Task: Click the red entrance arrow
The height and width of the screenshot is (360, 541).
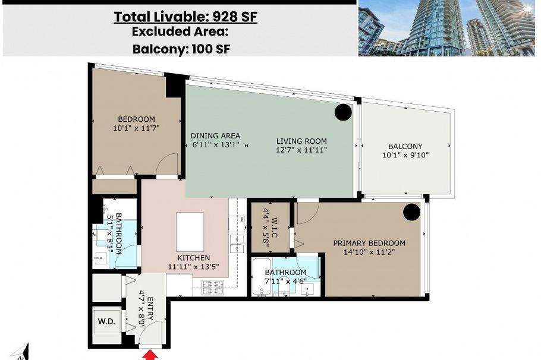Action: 150,355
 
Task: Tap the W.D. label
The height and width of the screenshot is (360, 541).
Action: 106,321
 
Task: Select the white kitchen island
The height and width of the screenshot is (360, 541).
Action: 190,232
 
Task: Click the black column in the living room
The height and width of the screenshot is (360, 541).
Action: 343,112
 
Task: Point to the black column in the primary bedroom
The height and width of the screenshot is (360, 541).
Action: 411,211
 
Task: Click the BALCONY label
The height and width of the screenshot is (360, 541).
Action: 405,146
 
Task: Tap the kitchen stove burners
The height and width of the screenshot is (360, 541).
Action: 213,288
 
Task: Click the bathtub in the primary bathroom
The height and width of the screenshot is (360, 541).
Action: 262,277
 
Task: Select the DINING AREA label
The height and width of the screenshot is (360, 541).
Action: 215,136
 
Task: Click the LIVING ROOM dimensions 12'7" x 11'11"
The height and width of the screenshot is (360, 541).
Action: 301,150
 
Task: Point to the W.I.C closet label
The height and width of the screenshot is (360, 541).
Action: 275,228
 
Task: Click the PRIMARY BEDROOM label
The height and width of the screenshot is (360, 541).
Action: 369,243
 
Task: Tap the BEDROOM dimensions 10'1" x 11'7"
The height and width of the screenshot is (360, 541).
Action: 136,128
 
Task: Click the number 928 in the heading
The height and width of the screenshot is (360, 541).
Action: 224,17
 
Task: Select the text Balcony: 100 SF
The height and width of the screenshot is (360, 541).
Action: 181,49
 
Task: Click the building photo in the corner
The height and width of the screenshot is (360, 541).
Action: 447,28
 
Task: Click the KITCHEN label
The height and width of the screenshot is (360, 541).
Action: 194,258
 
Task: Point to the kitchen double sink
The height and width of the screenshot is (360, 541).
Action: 237,244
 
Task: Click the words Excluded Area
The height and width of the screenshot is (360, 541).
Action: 180,31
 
